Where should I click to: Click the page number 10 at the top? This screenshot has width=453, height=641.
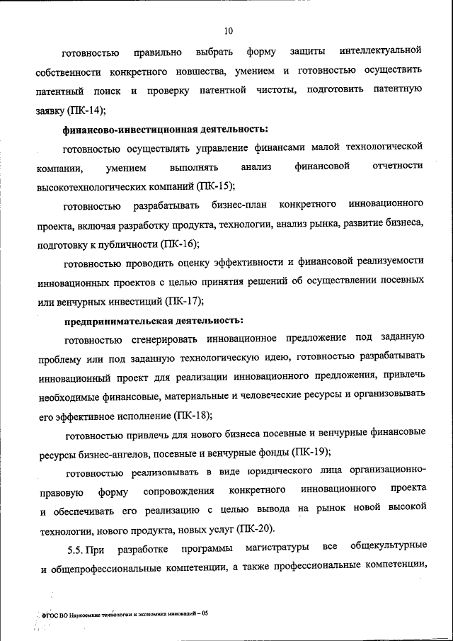pyautogui.click(x=227, y=30)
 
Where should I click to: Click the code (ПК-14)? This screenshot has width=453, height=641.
pyautogui.click(x=86, y=110)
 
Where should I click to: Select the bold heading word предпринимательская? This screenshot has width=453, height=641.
pyautogui.click(x=108, y=321)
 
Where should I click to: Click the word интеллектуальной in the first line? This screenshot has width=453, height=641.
pyautogui.click(x=380, y=52)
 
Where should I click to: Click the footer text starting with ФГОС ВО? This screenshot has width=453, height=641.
pyautogui.click(x=123, y=615)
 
